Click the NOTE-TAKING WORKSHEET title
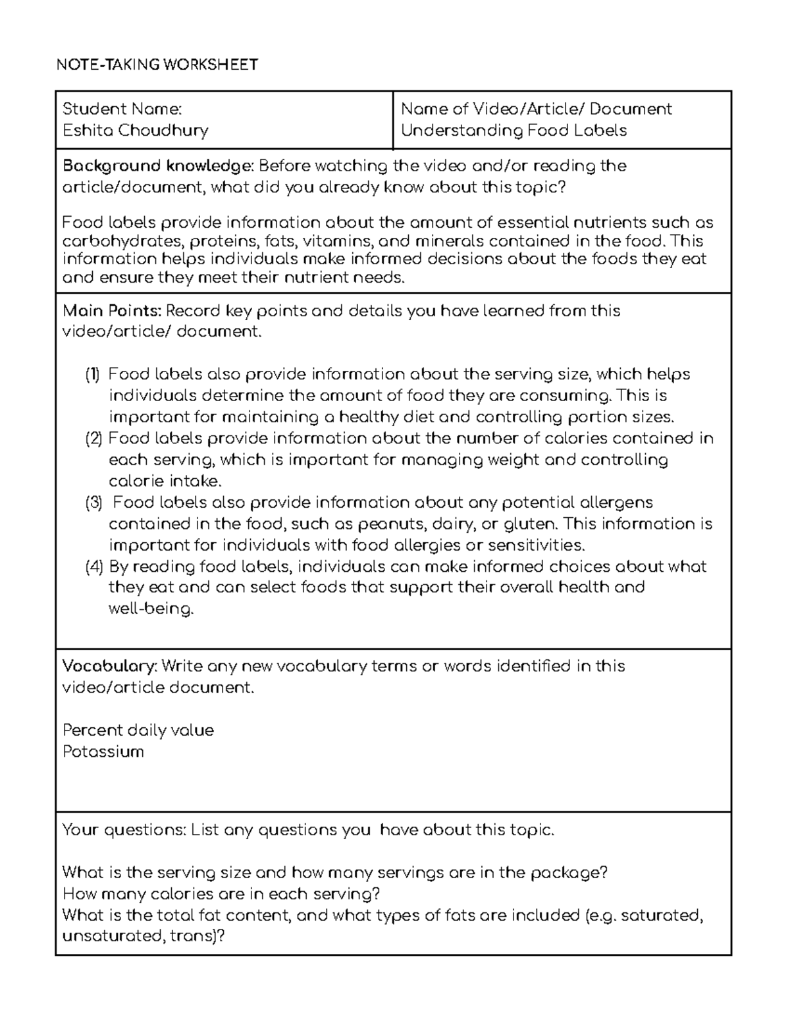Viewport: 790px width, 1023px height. click(x=157, y=65)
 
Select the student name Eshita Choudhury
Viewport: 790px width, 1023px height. click(x=135, y=130)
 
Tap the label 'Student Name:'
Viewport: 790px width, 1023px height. click(x=122, y=109)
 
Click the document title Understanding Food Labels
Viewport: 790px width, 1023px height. click(x=513, y=130)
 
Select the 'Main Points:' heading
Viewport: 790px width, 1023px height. click(x=111, y=311)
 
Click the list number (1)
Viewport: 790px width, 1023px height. click(x=92, y=375)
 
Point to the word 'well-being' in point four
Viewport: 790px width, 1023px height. click(x=151, y=609)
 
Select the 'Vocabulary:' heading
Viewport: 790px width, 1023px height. click(x=109, y=667)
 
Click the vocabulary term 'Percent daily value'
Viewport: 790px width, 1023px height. click(x=138, y=731)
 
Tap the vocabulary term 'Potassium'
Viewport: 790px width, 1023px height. click(x=103, y=752)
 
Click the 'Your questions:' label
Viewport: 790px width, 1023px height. click(x=124, y=830)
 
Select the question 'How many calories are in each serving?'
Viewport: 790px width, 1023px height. click(x=221, y=894)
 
